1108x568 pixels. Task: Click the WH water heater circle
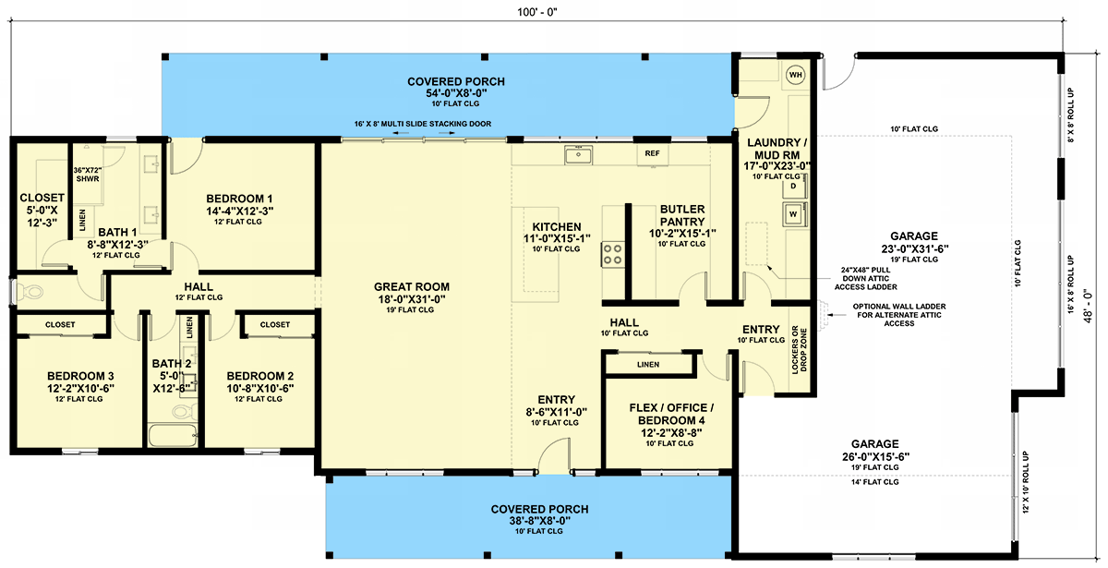[x=795, y=75]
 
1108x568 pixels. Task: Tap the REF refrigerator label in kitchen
[x=652, y=153]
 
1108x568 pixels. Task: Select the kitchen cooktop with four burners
[x=612, y=254]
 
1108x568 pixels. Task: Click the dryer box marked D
[x=794, y=187]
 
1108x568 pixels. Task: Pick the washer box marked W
[x=794, y=213]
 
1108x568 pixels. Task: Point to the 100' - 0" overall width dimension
[x=537, y=12]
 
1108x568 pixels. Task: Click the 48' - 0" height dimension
[x=1089, y=306]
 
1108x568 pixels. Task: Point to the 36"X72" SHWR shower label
[x=88, y=175]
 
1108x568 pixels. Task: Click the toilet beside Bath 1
[x=30, y=292]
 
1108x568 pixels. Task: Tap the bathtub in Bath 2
[x=173, y=435]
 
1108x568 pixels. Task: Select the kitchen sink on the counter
[x=578, y=155]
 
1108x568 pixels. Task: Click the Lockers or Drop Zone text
[x=799, y=350]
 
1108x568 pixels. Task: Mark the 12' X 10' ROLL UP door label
[x=1026, y=482]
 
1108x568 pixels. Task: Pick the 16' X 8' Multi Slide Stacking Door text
[x=423, y=124]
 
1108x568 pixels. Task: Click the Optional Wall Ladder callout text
[x=898, y=315]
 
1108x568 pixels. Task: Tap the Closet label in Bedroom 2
[x=275, y=324]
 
